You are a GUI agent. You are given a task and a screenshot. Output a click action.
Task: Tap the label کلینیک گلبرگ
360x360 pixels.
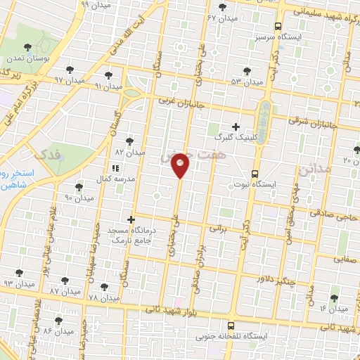(x=225, y=137)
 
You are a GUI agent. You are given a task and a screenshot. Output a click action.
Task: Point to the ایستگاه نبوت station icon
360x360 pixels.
(x=255, y=173)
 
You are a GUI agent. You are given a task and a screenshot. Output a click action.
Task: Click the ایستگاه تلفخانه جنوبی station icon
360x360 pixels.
(x=231, y=326)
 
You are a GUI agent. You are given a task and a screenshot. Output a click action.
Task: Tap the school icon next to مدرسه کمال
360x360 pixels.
(x=116, y=168)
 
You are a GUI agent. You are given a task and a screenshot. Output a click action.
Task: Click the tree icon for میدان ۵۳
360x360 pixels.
(x=247, y=70)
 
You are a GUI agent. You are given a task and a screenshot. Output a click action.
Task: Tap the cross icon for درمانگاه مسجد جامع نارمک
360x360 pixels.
(x=130, y=220)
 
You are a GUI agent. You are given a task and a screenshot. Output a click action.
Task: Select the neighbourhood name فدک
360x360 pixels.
(x=48, y=153)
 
